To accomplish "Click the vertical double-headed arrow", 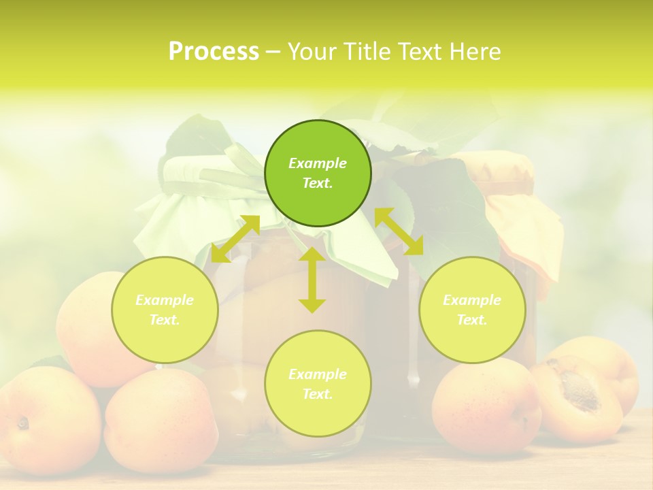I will [312, 280].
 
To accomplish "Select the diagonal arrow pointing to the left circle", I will [235, 239].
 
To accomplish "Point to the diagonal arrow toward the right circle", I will [399, 231].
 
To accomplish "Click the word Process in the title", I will [214, 51].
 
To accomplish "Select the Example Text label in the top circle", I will [318, 173].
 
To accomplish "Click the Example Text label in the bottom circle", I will [318, 384].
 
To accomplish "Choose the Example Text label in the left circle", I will [165, 310].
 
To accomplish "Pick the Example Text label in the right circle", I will [472, 310].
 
